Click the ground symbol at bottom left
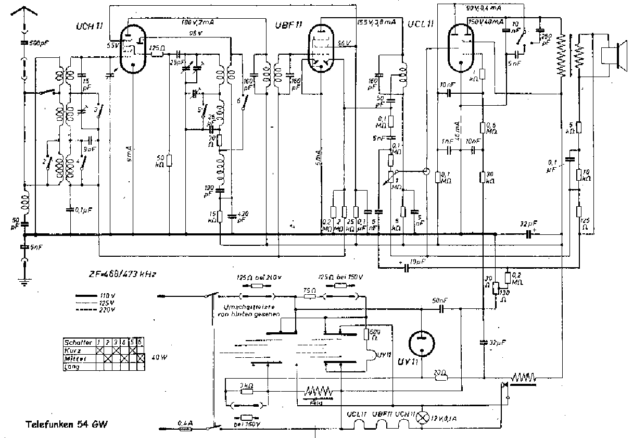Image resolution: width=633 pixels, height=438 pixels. [x=24, y=282]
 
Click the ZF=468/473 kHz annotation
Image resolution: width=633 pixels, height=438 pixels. [x=122, y=274]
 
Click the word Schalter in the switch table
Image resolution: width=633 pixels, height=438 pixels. [x=78, y=342]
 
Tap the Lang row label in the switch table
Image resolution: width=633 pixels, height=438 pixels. [x=71, y=367]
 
